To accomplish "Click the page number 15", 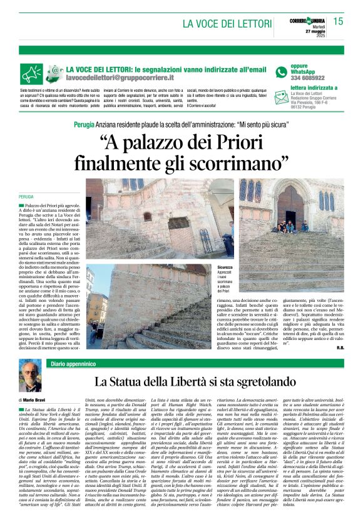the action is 338,21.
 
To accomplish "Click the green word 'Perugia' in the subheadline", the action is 84,125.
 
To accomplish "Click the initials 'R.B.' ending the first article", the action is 339,346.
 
